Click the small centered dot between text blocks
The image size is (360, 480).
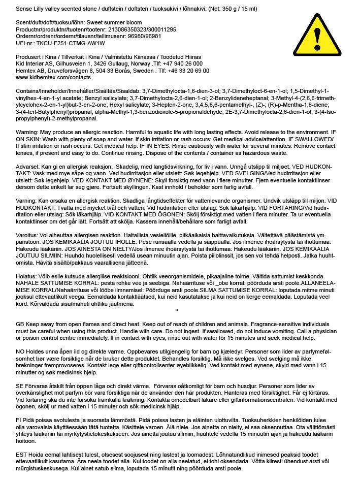coord(176,309)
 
